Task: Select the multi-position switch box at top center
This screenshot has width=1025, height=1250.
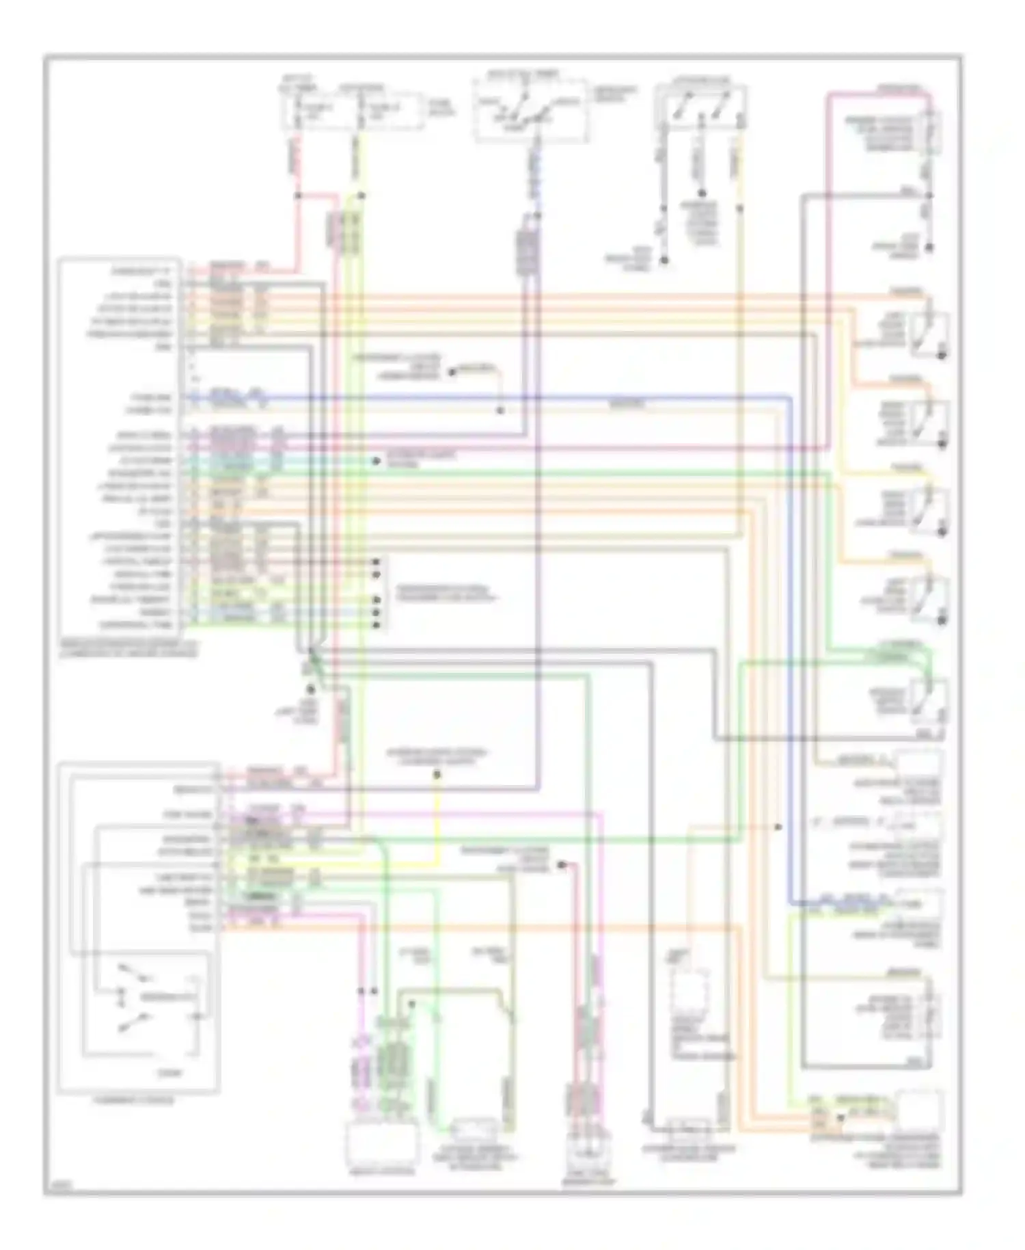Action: pyautogui.click(x=530, y=111)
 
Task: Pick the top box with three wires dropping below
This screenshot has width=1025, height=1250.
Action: pyautogui.click(x=700, y=107)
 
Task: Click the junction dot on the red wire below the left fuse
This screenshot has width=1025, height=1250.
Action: pyautogui.click(x=298, y=196)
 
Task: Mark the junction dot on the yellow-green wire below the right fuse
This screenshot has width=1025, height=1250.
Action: pyautogui.click(x=361, y=196)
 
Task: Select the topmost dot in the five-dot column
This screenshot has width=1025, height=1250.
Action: pyautogui.click(x=375, y=562)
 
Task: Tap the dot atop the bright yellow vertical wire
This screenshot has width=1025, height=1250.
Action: pyautogui.click(x=437, y=775)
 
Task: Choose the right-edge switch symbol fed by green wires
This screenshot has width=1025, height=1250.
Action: pyautogui.click(x=929, y=697)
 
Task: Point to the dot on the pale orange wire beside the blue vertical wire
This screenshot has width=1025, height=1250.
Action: pyautogui.click(x=778, y=827)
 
